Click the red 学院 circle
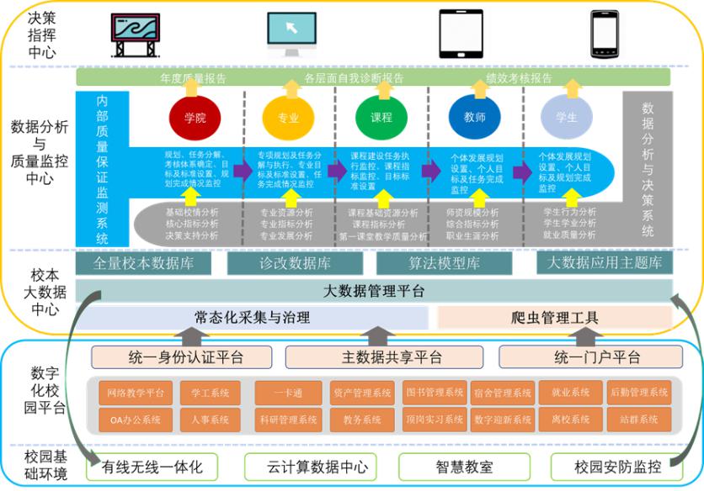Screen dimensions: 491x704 [194, 118]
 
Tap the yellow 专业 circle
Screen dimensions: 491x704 [288, 118]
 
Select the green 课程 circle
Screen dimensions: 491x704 [381, 118]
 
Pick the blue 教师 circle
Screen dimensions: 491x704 [474, 118]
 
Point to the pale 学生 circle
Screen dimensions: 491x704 [567, 118]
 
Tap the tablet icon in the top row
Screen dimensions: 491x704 [461, 34]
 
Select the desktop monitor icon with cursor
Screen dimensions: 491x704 [291, 32]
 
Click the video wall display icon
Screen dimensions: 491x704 [135, 34]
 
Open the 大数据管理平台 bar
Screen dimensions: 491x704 [374, 292]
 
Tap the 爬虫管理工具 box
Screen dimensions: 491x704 [555, 318]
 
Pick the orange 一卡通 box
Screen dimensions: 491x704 [286, 392]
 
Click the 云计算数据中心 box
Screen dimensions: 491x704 [310, 467]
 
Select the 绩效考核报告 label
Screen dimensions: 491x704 [519, 78]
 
